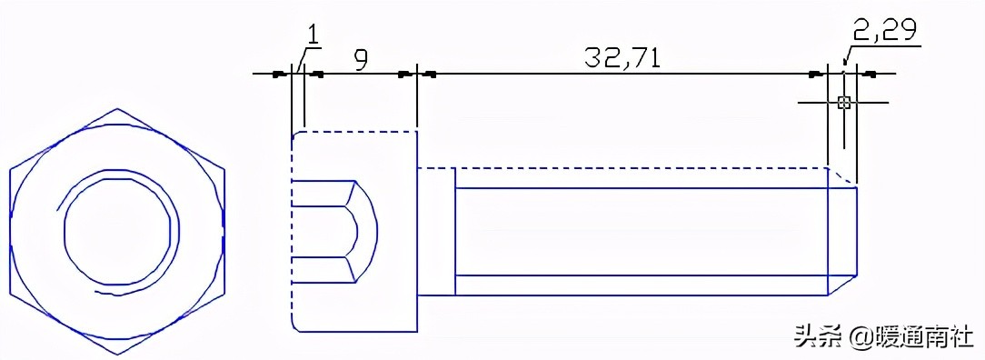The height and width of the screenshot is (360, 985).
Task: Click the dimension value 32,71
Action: (x=622, y=57)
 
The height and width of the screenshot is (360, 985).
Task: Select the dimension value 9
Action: (x=361, y=60)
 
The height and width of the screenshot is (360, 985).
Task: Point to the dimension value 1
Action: (x=313, y=35)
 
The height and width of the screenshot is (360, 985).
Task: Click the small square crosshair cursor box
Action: (x=844, y=103)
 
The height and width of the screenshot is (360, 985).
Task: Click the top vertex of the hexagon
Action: (x=117, y=108)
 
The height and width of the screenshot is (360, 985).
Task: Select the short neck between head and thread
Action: (x=435, y=232)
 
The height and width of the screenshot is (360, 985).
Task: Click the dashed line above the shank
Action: (x=636, y=168)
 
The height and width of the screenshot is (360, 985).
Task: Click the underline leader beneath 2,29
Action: (x=886, y=46)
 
